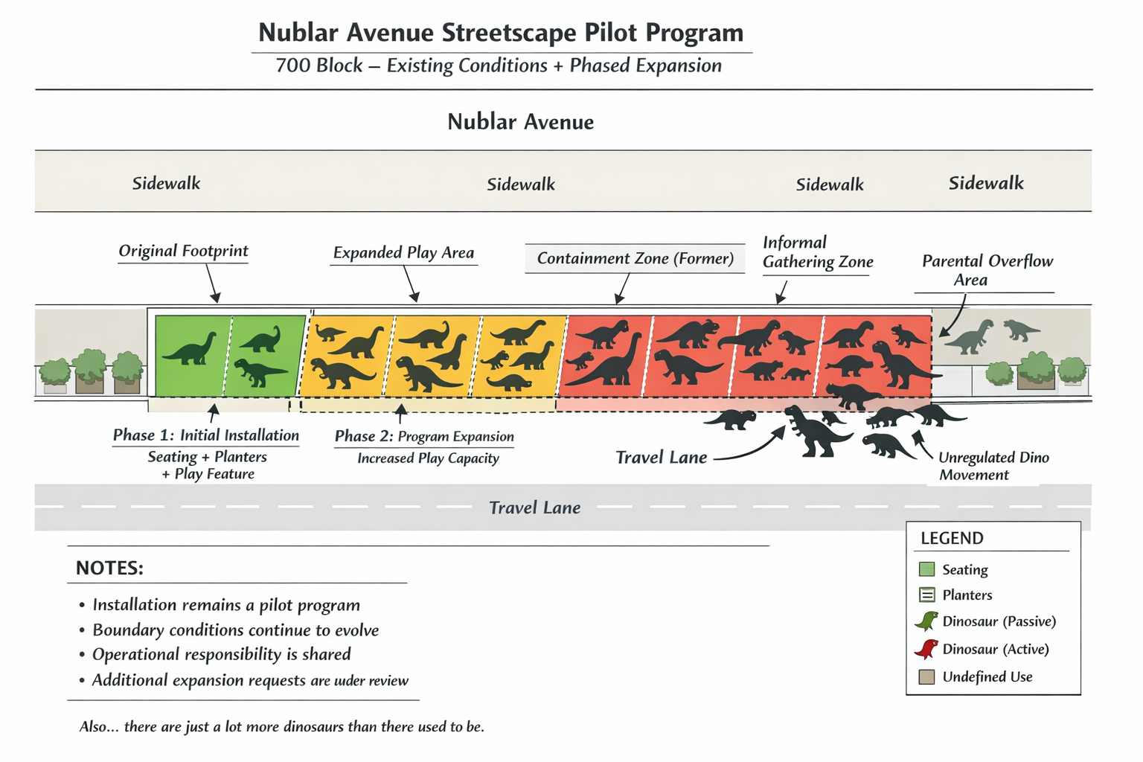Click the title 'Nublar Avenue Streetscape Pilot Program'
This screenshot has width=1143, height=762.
coord(501,33)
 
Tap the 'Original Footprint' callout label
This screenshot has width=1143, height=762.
coord(183,251)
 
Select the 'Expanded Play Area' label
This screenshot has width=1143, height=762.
coord(403,253)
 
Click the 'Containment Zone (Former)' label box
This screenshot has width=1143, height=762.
coord(635,258)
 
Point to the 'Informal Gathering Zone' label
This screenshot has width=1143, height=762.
coord(817,252)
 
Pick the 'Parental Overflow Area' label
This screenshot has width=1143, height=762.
coord(987,270)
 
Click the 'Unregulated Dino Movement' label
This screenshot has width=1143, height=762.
coord(993,466)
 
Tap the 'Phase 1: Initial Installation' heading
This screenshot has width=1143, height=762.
coord(205,435)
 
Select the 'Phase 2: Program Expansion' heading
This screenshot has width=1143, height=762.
coord(424,436)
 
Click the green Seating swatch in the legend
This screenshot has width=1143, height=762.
coord(926,569)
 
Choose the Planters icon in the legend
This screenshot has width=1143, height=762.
coord(926,595)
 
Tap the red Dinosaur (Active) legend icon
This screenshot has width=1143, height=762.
coord(926,649)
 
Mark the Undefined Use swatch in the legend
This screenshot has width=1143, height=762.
coord(926,676)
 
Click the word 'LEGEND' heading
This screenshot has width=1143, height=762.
coord(952,538)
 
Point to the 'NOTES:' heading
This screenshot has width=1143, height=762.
coord(109,569)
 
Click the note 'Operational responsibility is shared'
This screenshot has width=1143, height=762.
coord(221,655)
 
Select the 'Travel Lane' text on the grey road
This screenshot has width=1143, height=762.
coord(534,508)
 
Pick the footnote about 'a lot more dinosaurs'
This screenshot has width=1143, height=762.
coord(281,726)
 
